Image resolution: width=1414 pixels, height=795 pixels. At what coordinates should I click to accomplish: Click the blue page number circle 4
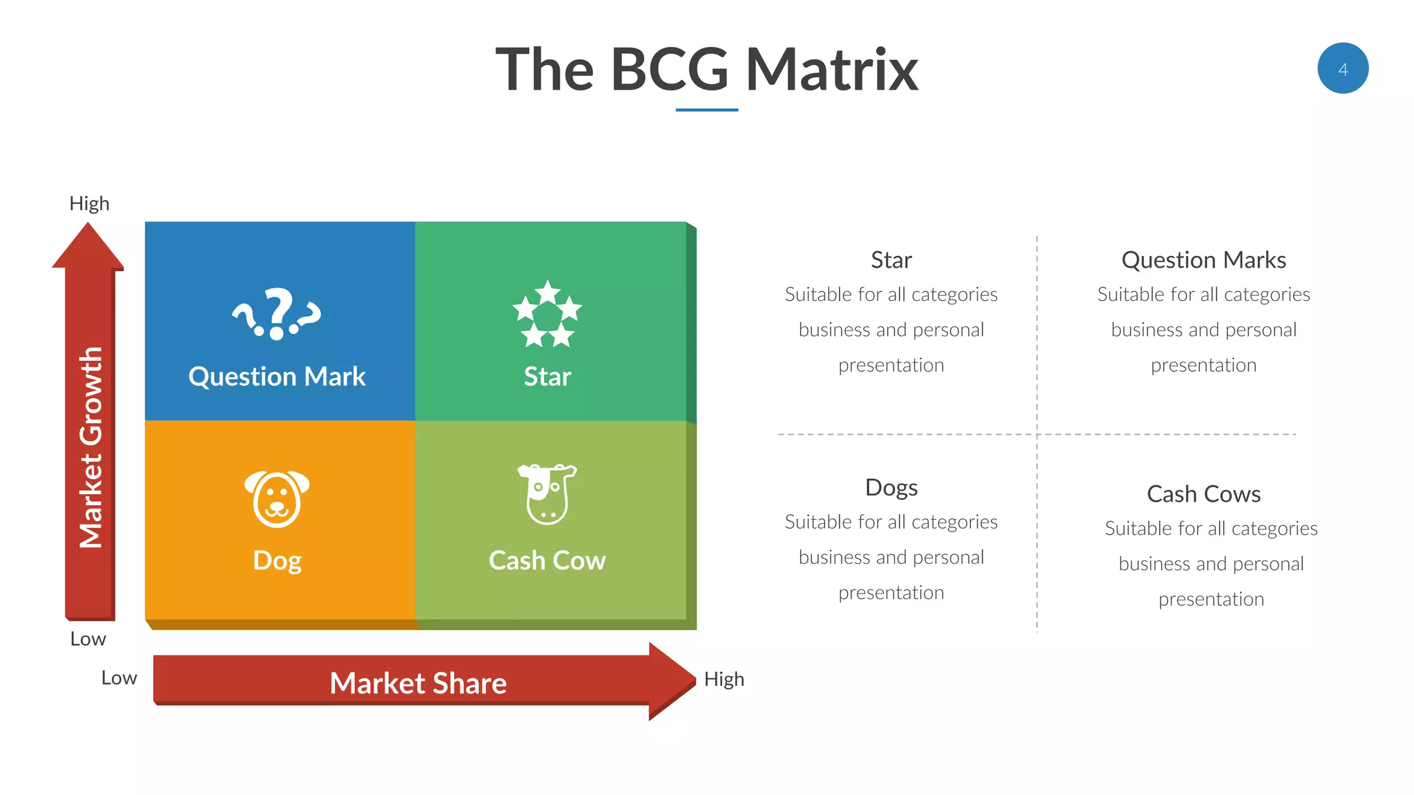click(1342, 68)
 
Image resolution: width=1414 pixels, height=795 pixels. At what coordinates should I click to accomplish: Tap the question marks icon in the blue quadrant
click(277, 314)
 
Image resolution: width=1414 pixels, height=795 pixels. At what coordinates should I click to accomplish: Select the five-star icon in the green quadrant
click(547, 314)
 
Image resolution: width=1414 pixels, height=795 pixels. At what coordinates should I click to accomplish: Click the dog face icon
click(277, 498)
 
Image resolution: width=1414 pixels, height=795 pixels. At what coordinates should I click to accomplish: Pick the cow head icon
click(548, 493)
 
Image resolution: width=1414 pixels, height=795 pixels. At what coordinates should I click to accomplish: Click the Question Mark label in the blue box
click(277, 377)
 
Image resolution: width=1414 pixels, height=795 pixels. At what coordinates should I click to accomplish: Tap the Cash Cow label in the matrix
click(547, 560)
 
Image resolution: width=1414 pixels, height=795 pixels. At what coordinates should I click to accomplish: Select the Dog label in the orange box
click(277, 560)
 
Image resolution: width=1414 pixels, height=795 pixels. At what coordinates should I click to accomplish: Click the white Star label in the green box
click(547, 377)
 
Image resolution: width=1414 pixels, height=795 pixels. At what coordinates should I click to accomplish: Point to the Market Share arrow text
click(418, 683)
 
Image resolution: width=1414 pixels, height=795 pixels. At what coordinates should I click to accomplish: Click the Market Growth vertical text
click(90, 447)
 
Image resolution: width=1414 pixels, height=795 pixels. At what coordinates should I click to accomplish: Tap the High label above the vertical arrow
click(89, 204)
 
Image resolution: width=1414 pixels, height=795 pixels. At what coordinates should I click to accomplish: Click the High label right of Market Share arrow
click(724, 679)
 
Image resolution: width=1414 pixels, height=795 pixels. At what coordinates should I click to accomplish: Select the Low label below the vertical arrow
click(88, 639)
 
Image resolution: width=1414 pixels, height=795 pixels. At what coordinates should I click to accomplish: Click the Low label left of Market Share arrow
click(119, 678)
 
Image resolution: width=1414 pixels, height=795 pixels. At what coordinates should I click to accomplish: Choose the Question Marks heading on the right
click(1203, 260)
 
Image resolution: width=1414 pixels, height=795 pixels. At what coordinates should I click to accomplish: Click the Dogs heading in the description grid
click(891, 488)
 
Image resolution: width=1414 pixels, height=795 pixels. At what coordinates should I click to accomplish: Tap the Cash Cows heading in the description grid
click(1203, 494)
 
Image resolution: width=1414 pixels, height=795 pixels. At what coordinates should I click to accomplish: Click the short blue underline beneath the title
click(706, 110)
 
